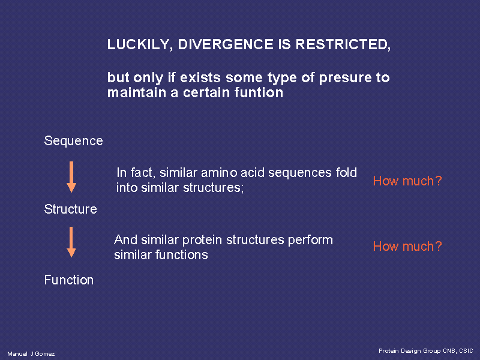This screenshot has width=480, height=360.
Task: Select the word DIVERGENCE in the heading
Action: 226,44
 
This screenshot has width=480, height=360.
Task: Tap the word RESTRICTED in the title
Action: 343,44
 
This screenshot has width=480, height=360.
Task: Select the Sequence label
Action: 73,141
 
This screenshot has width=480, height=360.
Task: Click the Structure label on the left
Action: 70,209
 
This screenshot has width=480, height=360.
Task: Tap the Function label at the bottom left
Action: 69,280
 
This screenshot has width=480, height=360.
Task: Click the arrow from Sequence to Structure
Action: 71,177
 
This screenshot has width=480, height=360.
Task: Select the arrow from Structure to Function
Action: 71,242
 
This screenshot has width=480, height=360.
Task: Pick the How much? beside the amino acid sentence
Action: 407,181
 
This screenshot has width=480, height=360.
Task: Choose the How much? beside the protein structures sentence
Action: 407,246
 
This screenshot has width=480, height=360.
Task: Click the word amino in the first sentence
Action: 219,173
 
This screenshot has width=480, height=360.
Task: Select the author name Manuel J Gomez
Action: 31,354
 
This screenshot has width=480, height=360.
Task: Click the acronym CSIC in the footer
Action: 466,351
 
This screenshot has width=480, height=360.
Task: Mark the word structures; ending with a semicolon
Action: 214,188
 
